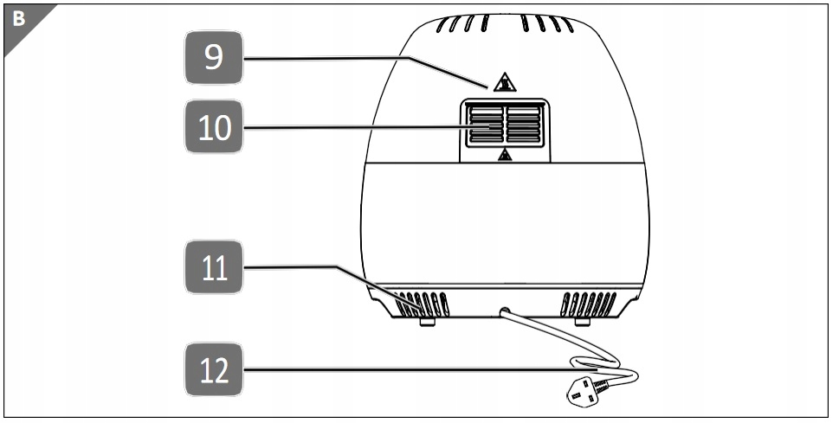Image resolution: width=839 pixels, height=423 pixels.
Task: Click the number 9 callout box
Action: pos(214,58)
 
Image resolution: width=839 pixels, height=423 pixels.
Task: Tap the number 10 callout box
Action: pos(214,128)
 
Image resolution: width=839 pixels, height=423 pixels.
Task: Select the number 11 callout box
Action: pos(214,268)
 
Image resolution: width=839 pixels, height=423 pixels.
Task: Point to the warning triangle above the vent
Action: pos(504,83)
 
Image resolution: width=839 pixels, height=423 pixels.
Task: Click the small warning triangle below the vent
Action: pos(505,155)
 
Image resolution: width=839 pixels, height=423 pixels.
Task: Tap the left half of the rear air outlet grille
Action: pos(484,125)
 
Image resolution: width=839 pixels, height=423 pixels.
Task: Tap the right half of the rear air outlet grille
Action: pos(525,125)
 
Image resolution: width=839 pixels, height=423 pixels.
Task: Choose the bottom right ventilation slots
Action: pos(588,304)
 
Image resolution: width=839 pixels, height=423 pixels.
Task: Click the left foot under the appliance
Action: pos(427,322)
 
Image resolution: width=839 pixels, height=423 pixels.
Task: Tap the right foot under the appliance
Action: pos(582,322)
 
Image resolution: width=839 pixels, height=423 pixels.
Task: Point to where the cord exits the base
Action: pos(504,309)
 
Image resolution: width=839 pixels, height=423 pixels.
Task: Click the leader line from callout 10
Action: pos(346,128)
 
